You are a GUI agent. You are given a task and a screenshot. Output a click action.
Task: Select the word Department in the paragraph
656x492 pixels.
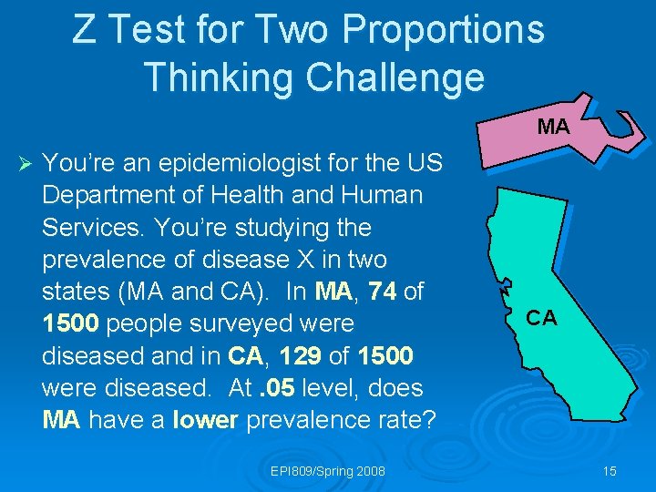[x=100, y=196]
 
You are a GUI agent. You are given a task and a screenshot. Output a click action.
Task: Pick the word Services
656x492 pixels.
[x=87, y=228]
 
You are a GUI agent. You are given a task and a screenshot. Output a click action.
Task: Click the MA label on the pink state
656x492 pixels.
[x=553, y=128]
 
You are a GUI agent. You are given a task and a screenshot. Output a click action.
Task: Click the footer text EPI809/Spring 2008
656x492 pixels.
[x=328, y=471]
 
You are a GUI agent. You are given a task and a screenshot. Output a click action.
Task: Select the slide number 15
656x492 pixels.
[x=610, y=471]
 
